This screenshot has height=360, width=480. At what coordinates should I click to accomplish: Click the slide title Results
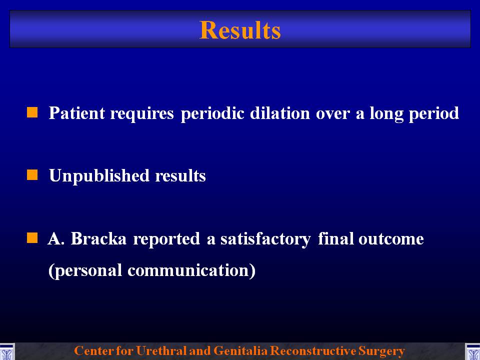(x=240, y=30)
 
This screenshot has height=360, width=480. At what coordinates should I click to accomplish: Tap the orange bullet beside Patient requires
(x=32, y=112)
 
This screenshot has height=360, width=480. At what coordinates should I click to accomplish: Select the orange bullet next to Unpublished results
(x=32, y=175)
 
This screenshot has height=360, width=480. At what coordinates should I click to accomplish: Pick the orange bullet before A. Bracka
(x=32, y=237)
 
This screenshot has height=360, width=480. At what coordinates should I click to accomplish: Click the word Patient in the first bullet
(x=77, y=112)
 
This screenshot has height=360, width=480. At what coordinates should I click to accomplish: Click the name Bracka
(x=98, y=238)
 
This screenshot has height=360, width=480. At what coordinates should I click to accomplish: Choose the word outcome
(x=391, y=239)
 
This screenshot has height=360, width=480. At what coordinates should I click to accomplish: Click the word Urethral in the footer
(x=158, y=350)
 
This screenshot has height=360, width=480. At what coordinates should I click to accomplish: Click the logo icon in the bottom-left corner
(x=7, y=351)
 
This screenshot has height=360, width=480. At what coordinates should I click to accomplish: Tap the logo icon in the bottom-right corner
(x=472, y=351)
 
